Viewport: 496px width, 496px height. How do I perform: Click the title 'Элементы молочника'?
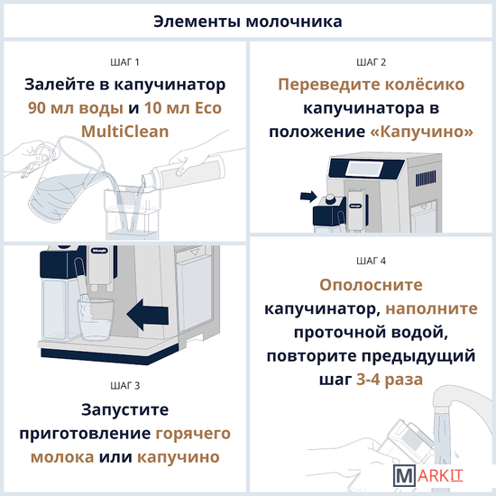point(248,22)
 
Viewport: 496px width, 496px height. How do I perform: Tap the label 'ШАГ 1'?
point(125,62)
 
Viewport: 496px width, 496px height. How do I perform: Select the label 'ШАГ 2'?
point(371,62)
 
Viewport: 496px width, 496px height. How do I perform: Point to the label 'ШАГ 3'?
point(125,386)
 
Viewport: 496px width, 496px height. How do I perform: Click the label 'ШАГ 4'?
point(371,261)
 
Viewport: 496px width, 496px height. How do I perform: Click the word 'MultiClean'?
point(125,132)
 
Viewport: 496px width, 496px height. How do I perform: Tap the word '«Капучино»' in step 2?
point(422,132)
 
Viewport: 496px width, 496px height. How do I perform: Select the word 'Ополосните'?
point(371,285)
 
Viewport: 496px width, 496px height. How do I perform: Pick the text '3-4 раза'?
point(390,380)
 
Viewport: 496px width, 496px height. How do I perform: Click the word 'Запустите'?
point(125,409)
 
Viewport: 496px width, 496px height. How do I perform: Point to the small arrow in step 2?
point(308,196)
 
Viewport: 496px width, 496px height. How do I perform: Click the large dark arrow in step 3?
point(148,314)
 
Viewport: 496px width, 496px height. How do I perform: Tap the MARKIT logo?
point(428,475)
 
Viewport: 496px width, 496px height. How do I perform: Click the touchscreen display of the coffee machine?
point(363,170)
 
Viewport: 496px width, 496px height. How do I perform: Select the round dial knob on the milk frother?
point(331,198)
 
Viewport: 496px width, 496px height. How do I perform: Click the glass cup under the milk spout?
point(96,319)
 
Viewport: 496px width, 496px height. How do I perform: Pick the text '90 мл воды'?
point(76,108)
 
